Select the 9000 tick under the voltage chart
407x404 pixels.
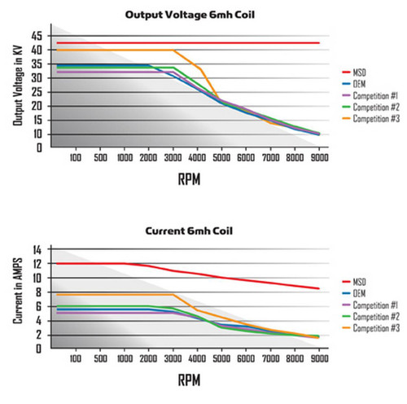click(x=319, y=157)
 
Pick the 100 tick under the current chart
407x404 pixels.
click(x=76, y=358)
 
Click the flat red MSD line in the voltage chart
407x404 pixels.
click(x=187, y=42)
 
